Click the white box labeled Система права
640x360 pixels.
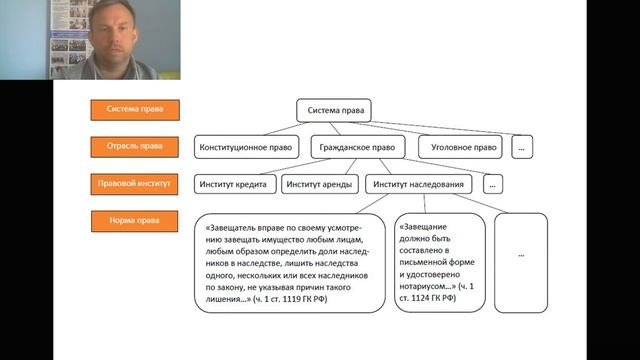(x=334, y=109)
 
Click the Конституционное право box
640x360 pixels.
(x=246, y=147)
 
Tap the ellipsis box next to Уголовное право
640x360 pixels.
(x=521, y=147)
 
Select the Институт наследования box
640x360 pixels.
(x=418, y=184)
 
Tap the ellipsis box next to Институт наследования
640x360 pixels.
(x=491, y=184)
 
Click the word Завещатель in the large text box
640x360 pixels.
(x=228, y=227)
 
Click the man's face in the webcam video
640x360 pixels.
(x=117, y=33)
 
